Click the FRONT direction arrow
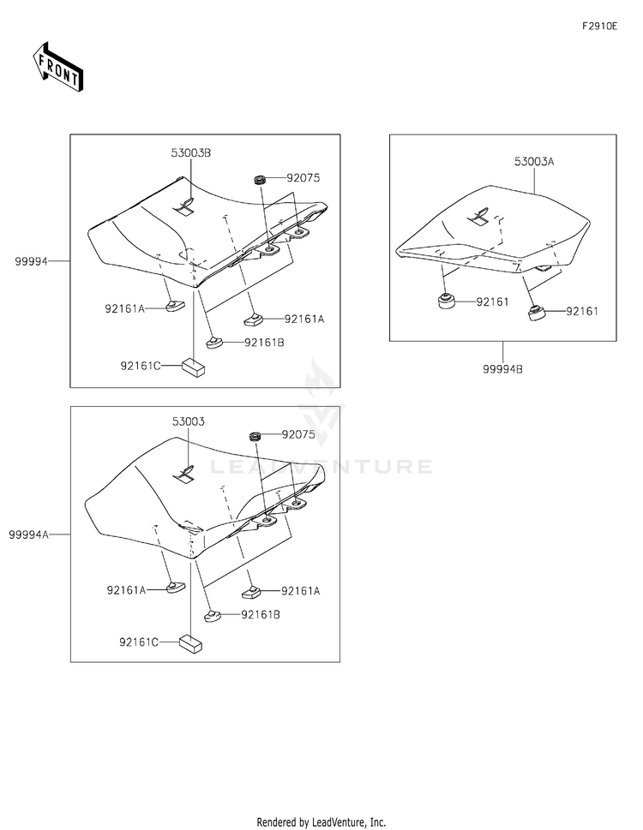57,67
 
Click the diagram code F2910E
599,27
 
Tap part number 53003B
190,152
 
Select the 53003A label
535,161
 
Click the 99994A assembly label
28,534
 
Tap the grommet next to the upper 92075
257,180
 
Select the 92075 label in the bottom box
298,435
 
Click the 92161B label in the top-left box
264,343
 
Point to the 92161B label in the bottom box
261,614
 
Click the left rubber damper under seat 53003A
444,302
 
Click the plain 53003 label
188,422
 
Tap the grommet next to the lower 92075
255,437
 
